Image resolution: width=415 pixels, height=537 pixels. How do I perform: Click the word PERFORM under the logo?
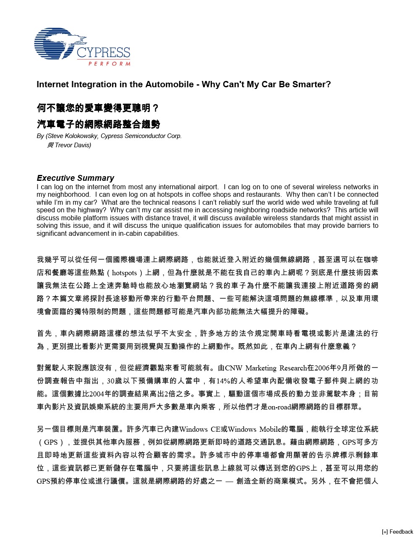[109, 64]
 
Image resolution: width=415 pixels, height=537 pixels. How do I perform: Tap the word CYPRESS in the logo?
[103, 53]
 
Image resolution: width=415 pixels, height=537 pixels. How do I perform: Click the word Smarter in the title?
[312, 84]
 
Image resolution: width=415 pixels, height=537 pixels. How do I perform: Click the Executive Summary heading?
[76, 178]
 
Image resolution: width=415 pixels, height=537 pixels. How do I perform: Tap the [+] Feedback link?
[397, 532]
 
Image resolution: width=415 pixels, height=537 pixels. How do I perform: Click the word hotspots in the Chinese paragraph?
[125, 273]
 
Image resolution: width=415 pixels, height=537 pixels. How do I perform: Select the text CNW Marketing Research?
[266, 368]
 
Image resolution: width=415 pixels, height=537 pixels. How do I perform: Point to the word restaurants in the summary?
[264, 195]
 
